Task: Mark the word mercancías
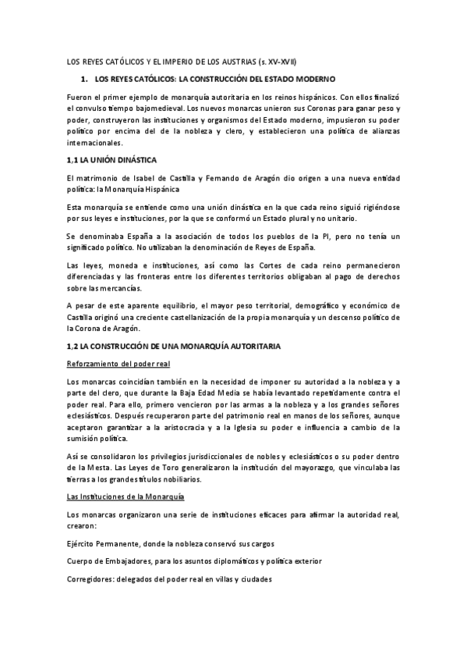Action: pos(122,288)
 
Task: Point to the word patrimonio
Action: pos(240,417)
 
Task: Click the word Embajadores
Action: pos(123,561)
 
